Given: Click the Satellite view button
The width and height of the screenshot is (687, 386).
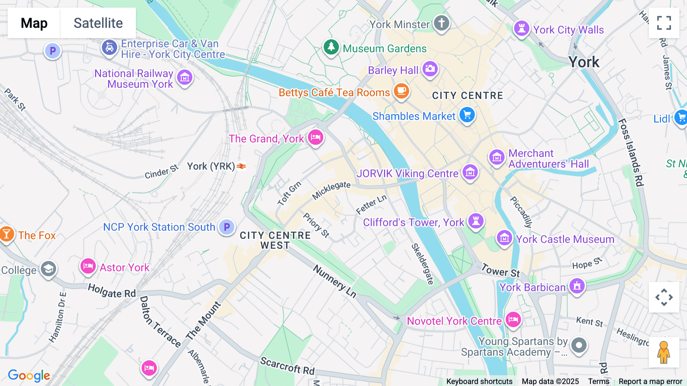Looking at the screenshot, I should tap(98, 23).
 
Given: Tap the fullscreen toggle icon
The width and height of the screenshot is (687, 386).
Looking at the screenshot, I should tap(664, 23).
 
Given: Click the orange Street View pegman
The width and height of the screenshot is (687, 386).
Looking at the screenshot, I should tap(664, 352).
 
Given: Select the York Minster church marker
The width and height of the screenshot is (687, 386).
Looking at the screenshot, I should tap(441, 23).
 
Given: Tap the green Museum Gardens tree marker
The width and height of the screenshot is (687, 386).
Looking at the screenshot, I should tap(331, 47).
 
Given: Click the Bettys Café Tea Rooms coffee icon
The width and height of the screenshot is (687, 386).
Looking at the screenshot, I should tap(401, 91).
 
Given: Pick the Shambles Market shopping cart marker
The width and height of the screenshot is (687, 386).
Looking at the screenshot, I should tap(467, 115).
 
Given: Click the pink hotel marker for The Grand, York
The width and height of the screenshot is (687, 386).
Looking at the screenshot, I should tap(316, 137).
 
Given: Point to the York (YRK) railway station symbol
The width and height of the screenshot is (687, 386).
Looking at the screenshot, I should tap(241, 166).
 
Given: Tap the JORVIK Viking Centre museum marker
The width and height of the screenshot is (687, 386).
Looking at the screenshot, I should tap(470, 172).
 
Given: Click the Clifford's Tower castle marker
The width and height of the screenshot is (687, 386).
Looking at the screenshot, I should tap(476, 221).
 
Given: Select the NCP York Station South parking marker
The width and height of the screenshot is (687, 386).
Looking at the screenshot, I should tap(227, 227).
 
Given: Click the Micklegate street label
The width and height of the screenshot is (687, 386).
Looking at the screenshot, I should tap(331, 190).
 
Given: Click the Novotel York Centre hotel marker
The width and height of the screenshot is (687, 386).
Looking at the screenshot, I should tap(513, 320).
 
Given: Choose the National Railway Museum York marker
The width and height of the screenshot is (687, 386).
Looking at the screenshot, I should tap(185, 78).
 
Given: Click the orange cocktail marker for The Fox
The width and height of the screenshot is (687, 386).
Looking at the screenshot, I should tap(6, 234).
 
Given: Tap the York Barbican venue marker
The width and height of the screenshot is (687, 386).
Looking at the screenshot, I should tap(577, 286).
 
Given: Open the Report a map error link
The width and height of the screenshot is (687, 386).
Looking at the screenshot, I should tap(650, 381).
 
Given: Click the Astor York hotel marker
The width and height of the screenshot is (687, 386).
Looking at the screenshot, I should tap(88, 266).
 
